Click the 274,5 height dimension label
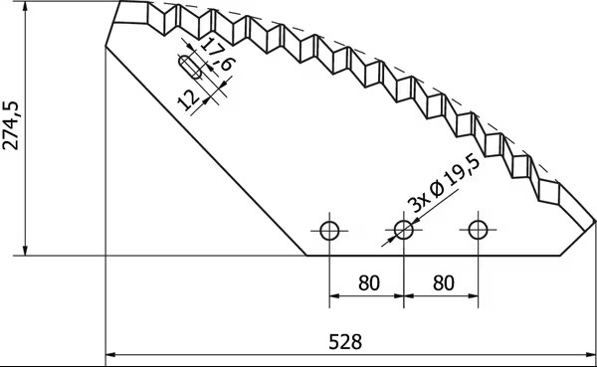10,125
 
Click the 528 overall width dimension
345,341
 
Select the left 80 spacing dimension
369,282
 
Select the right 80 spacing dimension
444,282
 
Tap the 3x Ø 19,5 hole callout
444,183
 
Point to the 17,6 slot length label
217,54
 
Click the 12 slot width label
189,100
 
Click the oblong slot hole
190,67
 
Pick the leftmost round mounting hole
329,231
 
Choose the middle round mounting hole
404,230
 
